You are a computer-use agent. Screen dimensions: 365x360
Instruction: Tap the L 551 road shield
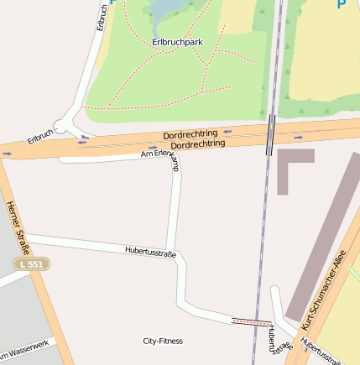(x=32, y=264)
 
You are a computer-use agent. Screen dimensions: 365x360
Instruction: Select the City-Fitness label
(x=163, y=341)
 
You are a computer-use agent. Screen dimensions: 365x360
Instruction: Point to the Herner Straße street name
(x=18, y=227)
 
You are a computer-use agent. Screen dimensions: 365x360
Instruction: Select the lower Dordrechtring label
(x=198, y=145)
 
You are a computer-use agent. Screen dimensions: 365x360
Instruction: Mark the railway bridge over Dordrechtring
(x=269, y=135)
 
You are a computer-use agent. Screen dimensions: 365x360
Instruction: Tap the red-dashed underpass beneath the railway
(x=251, y=321)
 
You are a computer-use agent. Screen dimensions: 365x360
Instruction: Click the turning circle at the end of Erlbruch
(x=67, y=124)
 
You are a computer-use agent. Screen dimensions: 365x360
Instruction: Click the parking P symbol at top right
(x=342, y=4)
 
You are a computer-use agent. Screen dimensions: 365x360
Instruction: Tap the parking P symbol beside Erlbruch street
(x=113, y=3)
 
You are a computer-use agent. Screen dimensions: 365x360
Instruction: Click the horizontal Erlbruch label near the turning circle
(x=40, y=136)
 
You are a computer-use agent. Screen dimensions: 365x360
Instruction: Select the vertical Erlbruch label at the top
(x=102, y=17)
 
